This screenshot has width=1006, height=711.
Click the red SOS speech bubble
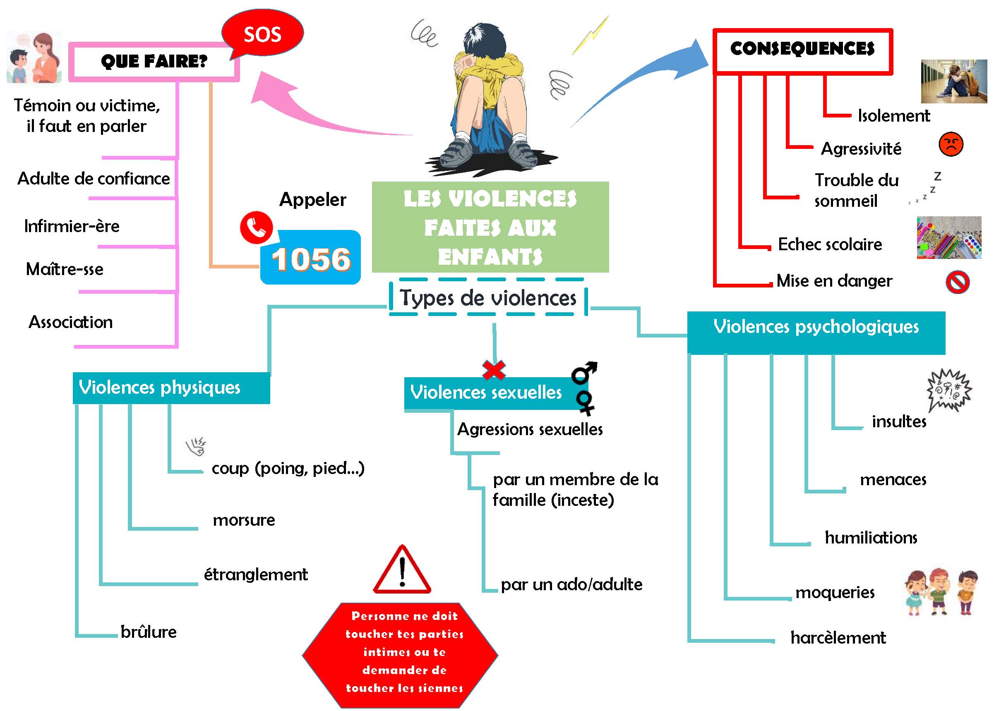point(262,33)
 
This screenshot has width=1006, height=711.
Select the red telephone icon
point(256,227)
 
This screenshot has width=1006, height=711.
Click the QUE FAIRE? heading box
point(154,62)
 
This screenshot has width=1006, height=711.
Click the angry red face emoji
point(951,144)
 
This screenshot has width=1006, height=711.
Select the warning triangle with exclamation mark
point(402,571)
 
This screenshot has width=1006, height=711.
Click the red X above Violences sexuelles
point(494,370)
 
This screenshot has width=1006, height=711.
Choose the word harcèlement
point(838,638)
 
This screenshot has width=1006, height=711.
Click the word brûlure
point(149,632)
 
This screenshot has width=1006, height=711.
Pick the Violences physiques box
point(171,388)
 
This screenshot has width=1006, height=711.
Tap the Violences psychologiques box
point(816,332)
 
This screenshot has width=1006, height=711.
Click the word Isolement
point(893,116)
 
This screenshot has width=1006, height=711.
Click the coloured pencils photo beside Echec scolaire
point(948,238)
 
